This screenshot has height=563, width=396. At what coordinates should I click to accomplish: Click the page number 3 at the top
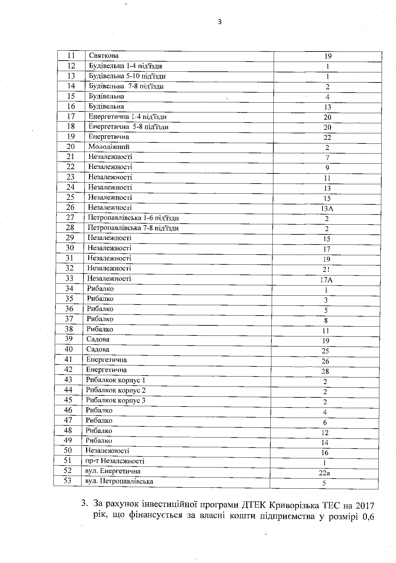(x=220, y=22)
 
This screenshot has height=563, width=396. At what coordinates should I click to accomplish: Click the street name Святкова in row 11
(x=104, y=56)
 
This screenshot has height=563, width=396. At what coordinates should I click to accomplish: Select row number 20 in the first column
(x=71, y=147)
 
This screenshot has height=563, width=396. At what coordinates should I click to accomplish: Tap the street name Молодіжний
(x=109, y=147)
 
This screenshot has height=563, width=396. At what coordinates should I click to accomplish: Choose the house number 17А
(x=326, y=280)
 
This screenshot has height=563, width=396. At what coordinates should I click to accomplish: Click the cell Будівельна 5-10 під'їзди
(x=127, y=76)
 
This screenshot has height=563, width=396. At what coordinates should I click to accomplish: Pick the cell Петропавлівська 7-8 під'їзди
(x=133, y=228)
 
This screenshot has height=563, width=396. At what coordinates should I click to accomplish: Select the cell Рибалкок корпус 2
(x=115, y=390)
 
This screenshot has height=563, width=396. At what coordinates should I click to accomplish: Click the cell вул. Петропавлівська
(x=119, y=481)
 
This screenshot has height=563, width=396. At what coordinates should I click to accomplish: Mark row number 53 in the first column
(x=68, y=481)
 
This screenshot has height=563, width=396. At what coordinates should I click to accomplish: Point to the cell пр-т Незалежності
(x=114, y=461)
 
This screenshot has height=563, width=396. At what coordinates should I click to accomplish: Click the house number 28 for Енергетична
(x=325, y=371)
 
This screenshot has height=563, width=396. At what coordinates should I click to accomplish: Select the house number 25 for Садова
(x=325, y=351)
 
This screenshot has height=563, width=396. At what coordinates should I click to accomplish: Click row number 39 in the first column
(x=69, y=339)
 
